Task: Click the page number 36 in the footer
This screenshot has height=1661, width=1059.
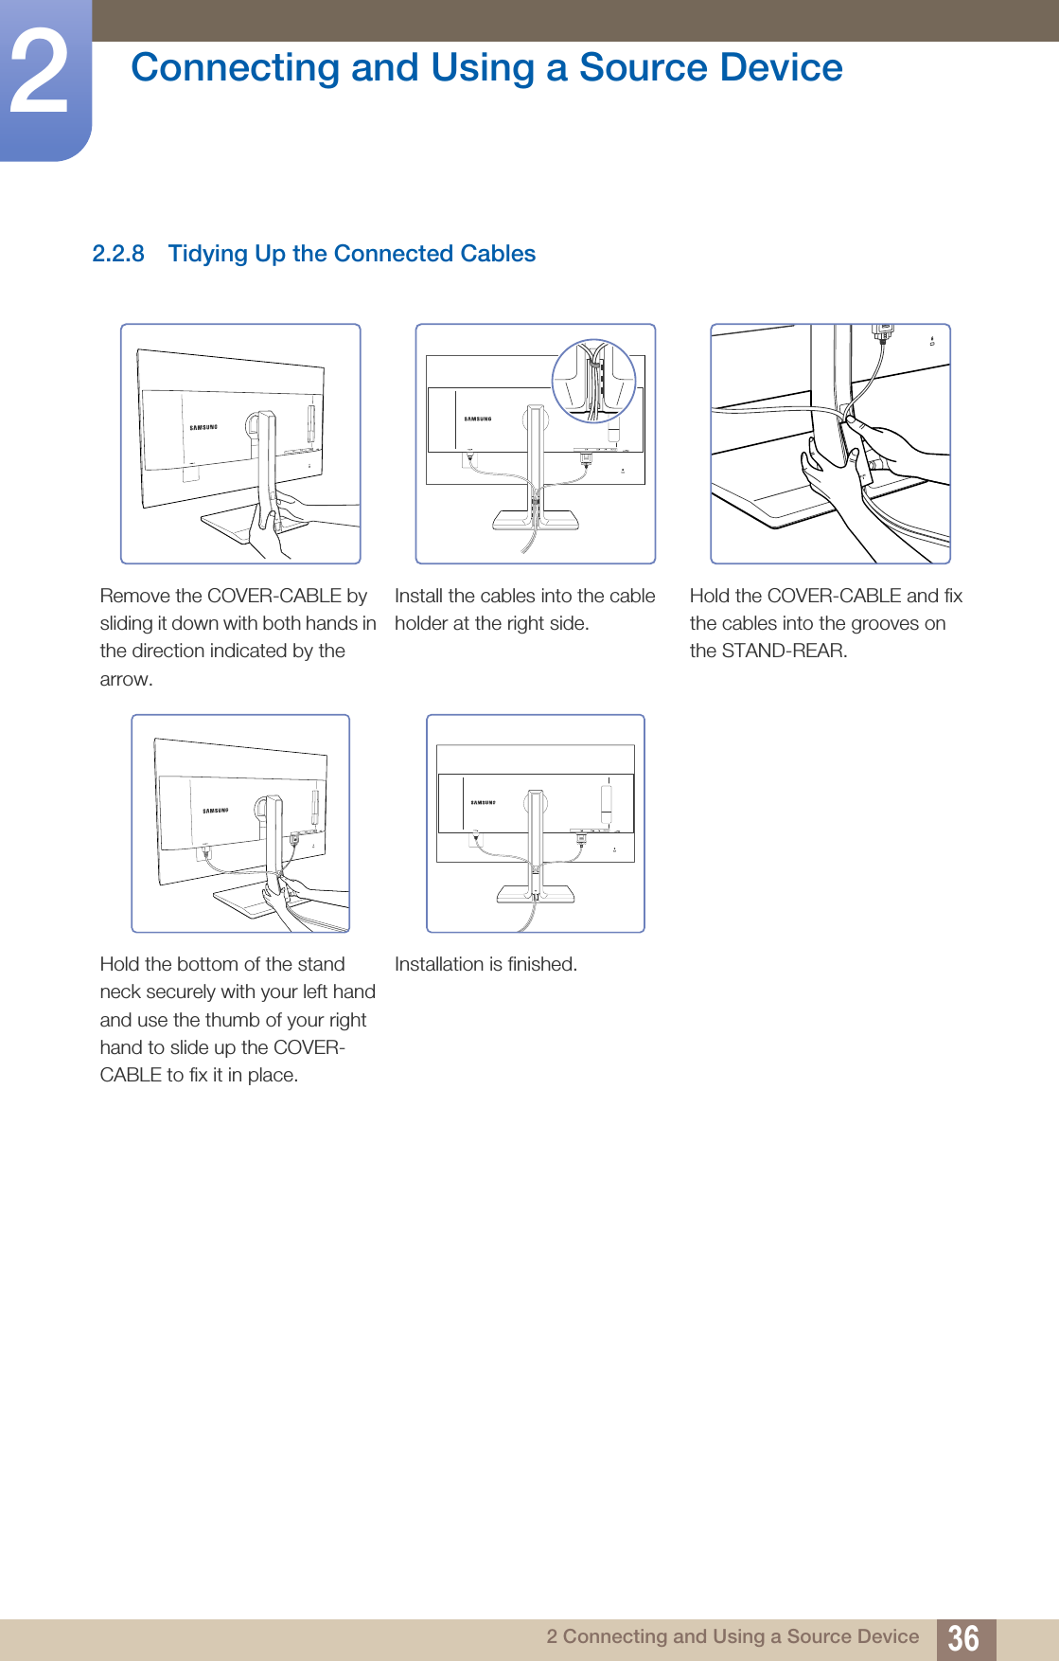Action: point(963,1637)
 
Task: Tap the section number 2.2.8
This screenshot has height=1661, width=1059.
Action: point(118,254)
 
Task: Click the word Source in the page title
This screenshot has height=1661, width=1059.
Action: point(642,68)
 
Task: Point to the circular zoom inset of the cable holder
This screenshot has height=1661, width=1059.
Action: point(594,381)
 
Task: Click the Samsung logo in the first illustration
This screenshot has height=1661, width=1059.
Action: point(203,427)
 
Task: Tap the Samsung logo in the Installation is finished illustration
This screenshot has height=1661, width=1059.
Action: point(483,802)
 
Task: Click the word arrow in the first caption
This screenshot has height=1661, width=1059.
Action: point(125,679)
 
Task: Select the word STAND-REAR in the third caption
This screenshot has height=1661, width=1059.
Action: point(782,651)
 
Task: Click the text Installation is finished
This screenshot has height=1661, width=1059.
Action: point(485,964)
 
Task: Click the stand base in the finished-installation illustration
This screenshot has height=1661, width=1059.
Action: point(536,893)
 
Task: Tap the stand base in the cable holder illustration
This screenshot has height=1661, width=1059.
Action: point(535,519)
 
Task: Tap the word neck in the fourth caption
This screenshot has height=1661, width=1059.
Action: point(121,991)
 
